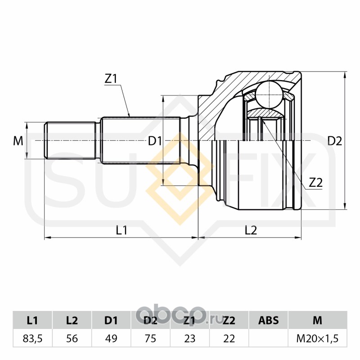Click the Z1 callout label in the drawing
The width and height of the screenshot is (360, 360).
tap(111, 79)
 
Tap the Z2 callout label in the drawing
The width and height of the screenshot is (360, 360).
tap(316, 183)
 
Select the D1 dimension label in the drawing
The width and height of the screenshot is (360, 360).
tap(155, 141)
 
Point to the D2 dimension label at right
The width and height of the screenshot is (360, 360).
tap(335, 141)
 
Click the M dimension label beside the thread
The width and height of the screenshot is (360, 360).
tap(18, 141)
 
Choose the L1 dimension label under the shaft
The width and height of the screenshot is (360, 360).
tap(121, 230)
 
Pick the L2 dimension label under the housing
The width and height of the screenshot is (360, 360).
tap(251, 230)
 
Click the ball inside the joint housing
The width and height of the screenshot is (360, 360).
tap(269, 94)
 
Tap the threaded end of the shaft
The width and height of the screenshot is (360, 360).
tap(70, 140)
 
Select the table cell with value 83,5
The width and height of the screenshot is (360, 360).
tap(32, 339)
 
